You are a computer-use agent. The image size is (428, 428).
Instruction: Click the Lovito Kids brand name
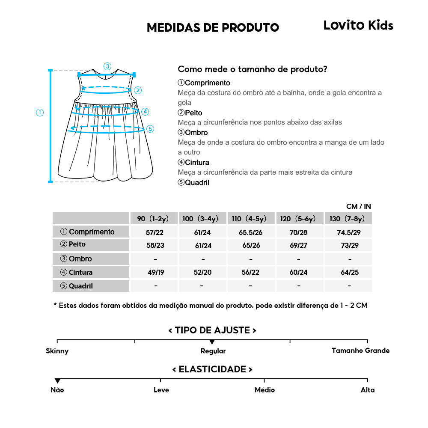[358, 26]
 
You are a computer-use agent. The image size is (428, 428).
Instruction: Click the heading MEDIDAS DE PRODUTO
[213, 28]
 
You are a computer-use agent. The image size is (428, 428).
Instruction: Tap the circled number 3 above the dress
[107, 66]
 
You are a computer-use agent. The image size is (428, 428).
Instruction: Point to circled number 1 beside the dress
[40, 113]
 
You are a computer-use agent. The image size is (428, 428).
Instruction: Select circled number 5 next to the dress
[150, 128]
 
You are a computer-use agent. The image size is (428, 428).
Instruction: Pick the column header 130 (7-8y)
[347, 219]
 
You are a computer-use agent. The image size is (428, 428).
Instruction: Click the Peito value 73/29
[348, 246]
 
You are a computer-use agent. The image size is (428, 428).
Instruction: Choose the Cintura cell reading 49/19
[155, 272]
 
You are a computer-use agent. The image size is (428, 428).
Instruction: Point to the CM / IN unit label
[358, 206]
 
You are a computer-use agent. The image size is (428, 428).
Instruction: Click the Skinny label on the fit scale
[57, 351]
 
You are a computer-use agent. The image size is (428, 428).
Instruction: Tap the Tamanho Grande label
[360, 351]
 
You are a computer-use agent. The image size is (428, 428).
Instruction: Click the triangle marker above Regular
[212, 342]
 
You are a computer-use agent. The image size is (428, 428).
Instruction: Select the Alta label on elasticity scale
[367, 390]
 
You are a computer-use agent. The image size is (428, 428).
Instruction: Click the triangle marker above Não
[57, 380]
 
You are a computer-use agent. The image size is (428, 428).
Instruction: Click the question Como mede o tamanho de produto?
[253, 69]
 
